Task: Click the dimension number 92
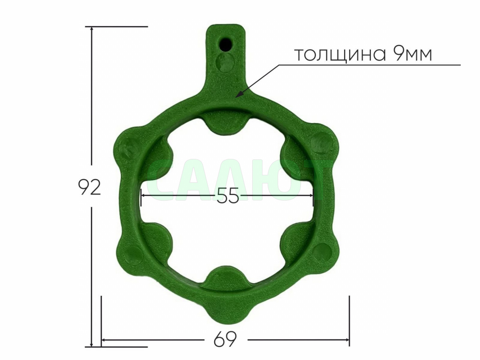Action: [89, 187]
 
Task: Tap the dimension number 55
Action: [228, 197]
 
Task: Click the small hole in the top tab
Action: [226, 44]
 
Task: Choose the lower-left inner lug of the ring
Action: [157, 239]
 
